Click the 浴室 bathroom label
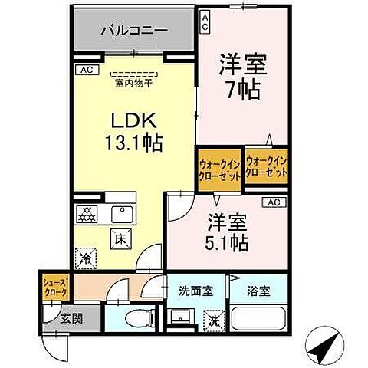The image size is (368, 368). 258,292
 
